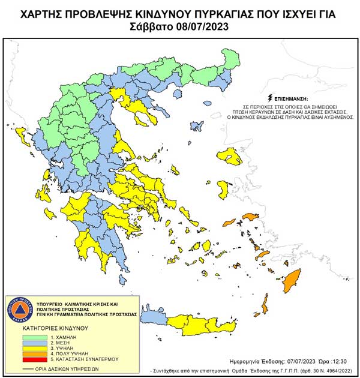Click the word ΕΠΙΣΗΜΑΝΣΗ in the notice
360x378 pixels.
coord(293,97)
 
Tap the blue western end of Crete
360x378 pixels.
coord(155,316)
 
